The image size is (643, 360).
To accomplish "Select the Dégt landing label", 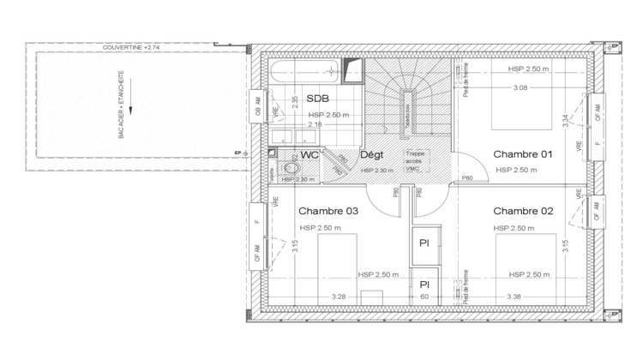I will pos(371,156).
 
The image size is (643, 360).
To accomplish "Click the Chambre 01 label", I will pos(522,154).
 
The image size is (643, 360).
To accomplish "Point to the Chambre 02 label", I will pos(522,211).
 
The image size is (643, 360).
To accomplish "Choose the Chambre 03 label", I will pos(328,211).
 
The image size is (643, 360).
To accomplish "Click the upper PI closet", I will pos(424,243).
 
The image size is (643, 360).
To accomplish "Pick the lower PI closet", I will pos(424,283).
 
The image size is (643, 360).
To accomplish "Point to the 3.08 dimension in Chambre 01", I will pos(520,87).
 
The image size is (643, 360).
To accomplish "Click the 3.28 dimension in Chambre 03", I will pos(340,297).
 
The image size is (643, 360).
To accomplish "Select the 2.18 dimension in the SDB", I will pos(315,125).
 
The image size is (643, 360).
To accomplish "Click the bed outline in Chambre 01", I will pos(523,103).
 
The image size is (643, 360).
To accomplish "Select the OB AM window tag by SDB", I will pos(257,107).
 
